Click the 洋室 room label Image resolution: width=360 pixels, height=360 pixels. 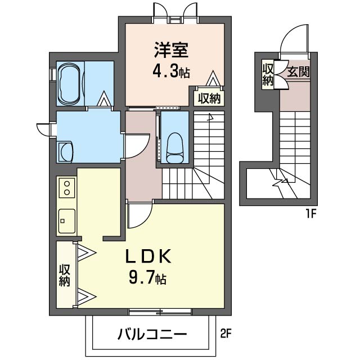[171, 50]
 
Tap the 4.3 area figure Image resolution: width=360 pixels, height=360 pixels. [165, 71]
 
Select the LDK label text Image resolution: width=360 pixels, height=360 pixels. [148, 256]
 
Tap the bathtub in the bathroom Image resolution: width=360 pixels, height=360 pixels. [69, 84]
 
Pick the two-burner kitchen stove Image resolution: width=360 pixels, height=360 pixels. [67, 188]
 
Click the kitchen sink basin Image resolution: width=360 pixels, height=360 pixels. [67, 221]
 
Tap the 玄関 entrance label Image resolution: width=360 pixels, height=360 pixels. [298, 72]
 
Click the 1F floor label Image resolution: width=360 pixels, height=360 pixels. [310, 214]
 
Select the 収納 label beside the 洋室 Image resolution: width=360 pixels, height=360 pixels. [209, 98]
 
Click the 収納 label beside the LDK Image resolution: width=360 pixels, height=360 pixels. [65, 276]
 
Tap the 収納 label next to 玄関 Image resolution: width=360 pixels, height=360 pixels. [268, 75]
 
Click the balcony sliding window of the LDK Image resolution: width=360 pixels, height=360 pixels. [160, 312]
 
